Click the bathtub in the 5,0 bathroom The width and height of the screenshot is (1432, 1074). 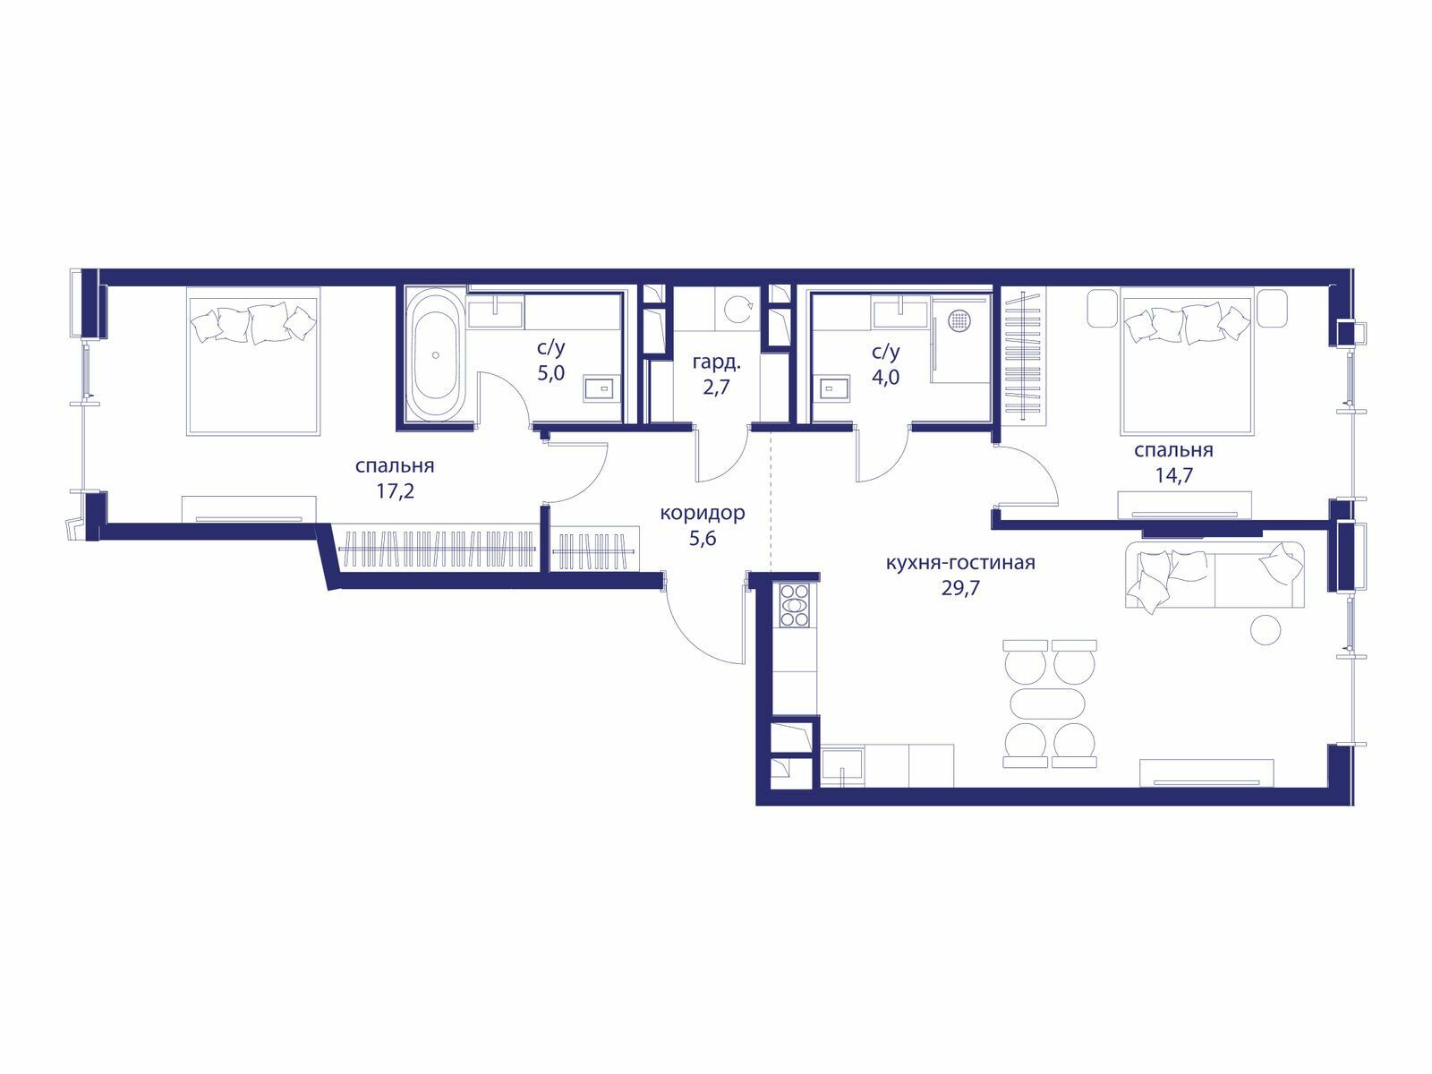pos(435,355)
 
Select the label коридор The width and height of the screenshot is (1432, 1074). pos(702,514)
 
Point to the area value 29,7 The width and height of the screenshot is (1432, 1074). pos(960,588)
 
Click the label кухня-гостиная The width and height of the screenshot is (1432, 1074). pos(960,562)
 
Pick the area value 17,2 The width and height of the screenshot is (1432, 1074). pos(395,491)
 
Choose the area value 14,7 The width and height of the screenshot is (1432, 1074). pos(1174,475)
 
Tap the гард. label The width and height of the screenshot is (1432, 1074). pos(716,362)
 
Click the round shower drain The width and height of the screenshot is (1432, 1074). pos(959,320)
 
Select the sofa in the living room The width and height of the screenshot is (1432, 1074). pos(1215,575)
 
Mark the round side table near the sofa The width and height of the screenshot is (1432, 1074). pos(1265,630)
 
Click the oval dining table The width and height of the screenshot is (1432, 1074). pos(1048,704)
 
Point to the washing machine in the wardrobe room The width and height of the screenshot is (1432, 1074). pos(737,309)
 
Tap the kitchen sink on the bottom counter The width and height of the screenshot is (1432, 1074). pos(842,768)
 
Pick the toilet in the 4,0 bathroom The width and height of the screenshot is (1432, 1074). pos(835,388)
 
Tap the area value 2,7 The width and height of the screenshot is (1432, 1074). pos(716,388)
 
